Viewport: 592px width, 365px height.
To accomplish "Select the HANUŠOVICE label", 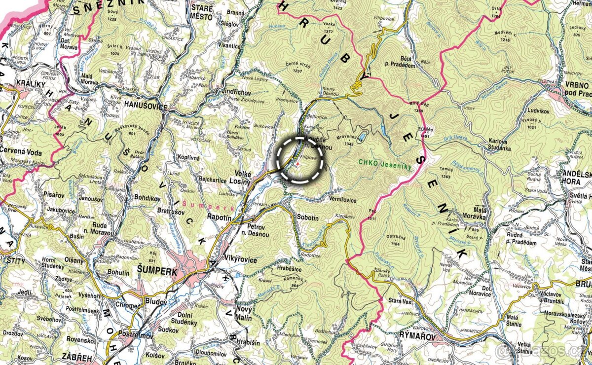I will pos(146,107).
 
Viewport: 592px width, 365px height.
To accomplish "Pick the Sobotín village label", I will pos(310,217).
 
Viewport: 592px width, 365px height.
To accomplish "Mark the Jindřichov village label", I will pos(236,93).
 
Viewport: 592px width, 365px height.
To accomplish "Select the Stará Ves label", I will pos(402,300).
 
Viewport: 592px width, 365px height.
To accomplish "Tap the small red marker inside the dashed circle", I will pos(297,163).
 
